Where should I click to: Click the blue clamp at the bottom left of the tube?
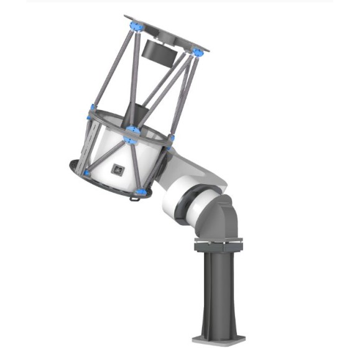88,172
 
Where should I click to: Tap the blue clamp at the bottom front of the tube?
143,190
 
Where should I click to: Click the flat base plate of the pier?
218,339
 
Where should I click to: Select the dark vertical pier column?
218,292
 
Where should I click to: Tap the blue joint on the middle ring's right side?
172,138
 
